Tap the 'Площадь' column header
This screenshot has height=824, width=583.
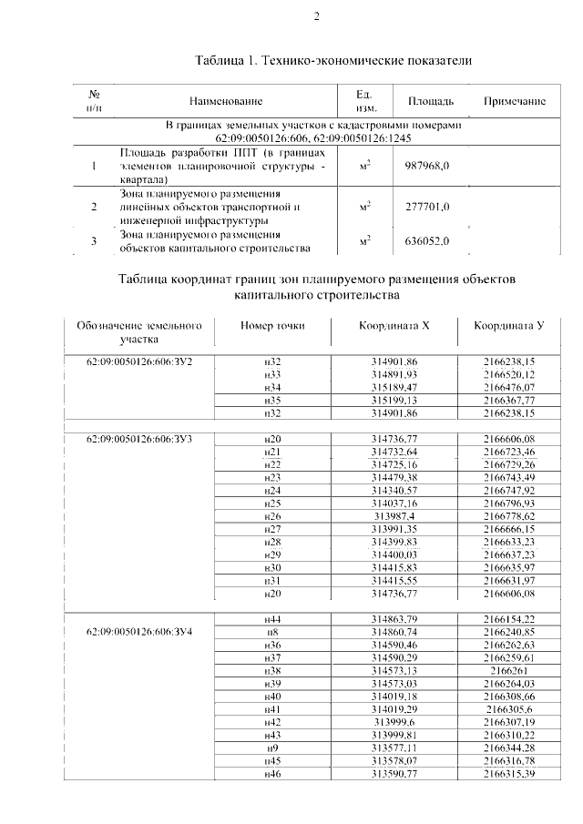[430, 101]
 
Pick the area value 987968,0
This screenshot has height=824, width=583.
[428, 167]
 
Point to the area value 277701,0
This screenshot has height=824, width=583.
[428, 207]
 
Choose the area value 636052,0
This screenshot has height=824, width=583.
[428, 240]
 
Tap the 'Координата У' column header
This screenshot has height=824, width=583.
[508, 326]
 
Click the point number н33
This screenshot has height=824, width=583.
[271, 374]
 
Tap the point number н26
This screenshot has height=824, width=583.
[271, 515]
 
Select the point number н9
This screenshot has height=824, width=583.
[271, 747]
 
